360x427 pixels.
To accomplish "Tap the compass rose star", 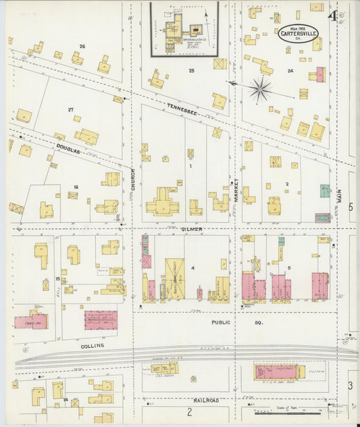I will pyautogui.click(x=260, y=88).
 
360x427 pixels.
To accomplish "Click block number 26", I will pyautogui.click(x=82, y=46).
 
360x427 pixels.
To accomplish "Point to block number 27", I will pyautogui.click(x=70, y=109).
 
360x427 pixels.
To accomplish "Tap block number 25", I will pyautogui.click(x=191, y=70).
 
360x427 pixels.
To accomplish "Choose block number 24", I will pyautogui.click(x=290, y=70).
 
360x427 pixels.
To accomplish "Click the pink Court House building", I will pyautogui.click(x=31, y=321).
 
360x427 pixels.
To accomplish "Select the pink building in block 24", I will pyautogui.click(x=320, y=74).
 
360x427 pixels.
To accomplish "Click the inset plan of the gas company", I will pyautogui.click(x=184, y=28).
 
